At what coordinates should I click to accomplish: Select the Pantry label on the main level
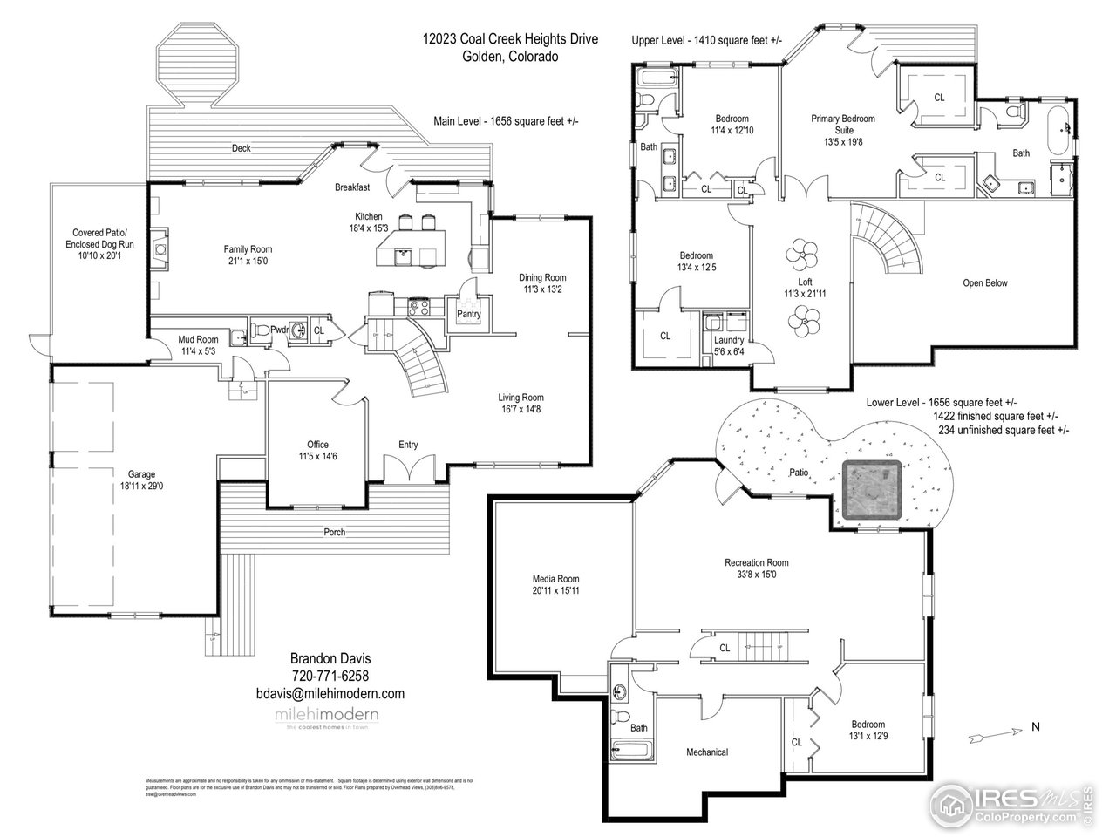click(468, 314)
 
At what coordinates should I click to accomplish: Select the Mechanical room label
click(706, 752)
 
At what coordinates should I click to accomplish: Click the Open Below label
click(985, 282)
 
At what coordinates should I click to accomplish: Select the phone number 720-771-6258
click(330, 677)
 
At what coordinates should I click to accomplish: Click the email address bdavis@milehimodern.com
click(330, 694)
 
